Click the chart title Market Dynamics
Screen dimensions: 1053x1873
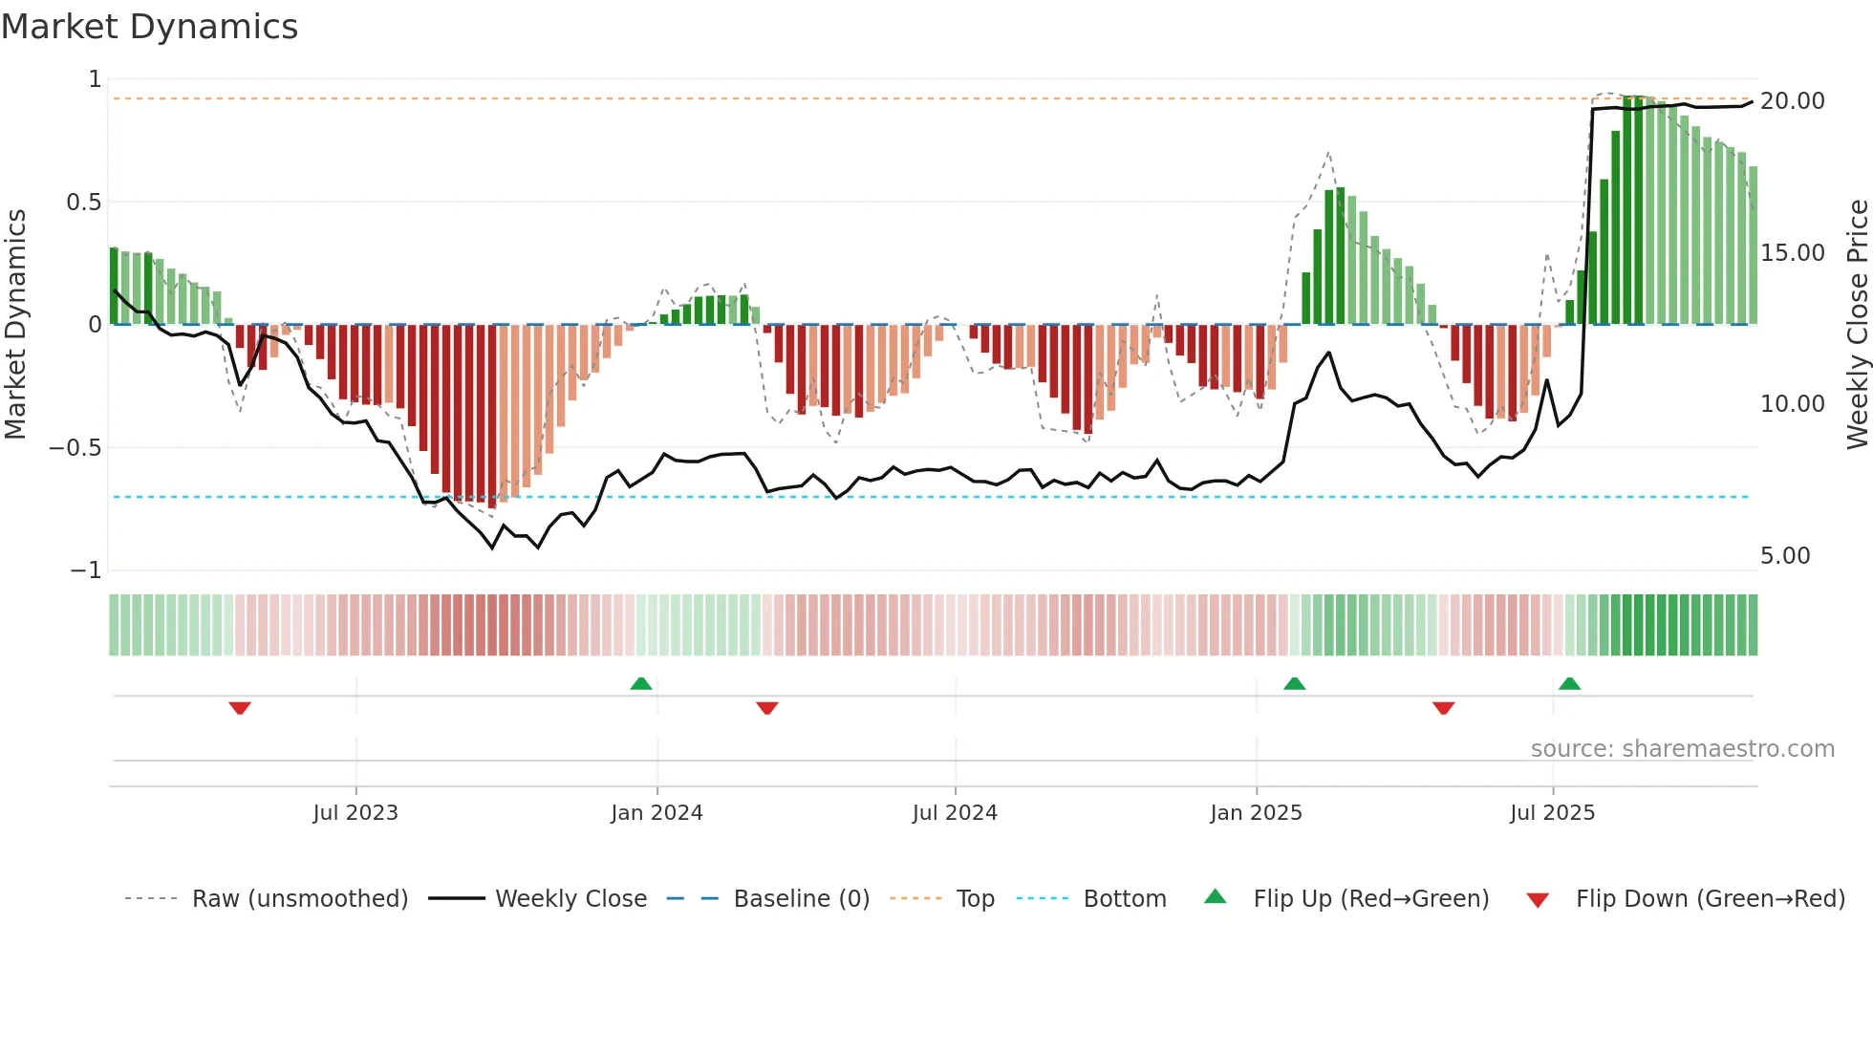click(149, 27)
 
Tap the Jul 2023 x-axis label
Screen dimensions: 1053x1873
click(355, 813)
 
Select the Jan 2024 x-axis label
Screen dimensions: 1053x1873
click(657, 813)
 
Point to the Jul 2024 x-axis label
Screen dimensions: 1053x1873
click(955, 813)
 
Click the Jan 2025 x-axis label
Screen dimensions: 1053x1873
click(1256, 813)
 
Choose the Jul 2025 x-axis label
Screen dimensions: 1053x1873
click(1553, 813)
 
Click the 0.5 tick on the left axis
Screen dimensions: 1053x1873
click(83, 203)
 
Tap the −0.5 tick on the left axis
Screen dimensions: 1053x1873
click(75, 448)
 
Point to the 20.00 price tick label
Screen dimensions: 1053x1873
click(1793, 101)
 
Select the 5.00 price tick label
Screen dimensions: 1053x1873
click(1785, 556)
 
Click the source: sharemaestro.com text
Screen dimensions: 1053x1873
click(1682, 749)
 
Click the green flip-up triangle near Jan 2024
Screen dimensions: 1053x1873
click(641, 684)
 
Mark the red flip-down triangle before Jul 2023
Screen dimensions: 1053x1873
click(240, 708)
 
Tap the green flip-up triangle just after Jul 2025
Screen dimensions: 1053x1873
click(1569, 684)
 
